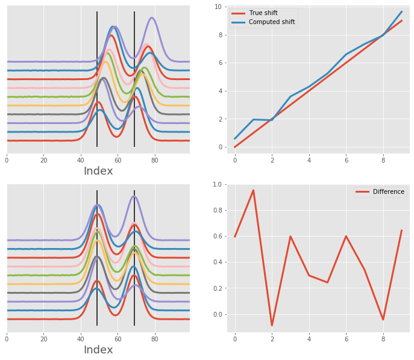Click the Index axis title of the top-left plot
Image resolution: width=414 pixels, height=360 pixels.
(98, 171)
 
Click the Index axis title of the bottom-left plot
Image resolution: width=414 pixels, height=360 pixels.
(98, 350)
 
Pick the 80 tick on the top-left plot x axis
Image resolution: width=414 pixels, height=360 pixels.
(155, 160)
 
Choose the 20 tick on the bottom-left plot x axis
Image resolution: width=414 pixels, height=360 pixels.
(43, 338)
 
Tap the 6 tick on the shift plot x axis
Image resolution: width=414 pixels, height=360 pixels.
(346, 160)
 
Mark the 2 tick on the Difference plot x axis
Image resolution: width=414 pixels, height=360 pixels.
(272, 338)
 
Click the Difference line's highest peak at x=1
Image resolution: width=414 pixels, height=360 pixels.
(253, 190)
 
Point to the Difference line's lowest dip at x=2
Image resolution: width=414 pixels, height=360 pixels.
(272, 326)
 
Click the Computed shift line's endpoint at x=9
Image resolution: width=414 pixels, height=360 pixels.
(401, 11)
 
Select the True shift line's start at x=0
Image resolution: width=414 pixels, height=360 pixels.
(235, 147)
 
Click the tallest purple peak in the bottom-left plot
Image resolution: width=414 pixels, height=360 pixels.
(134, 196)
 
